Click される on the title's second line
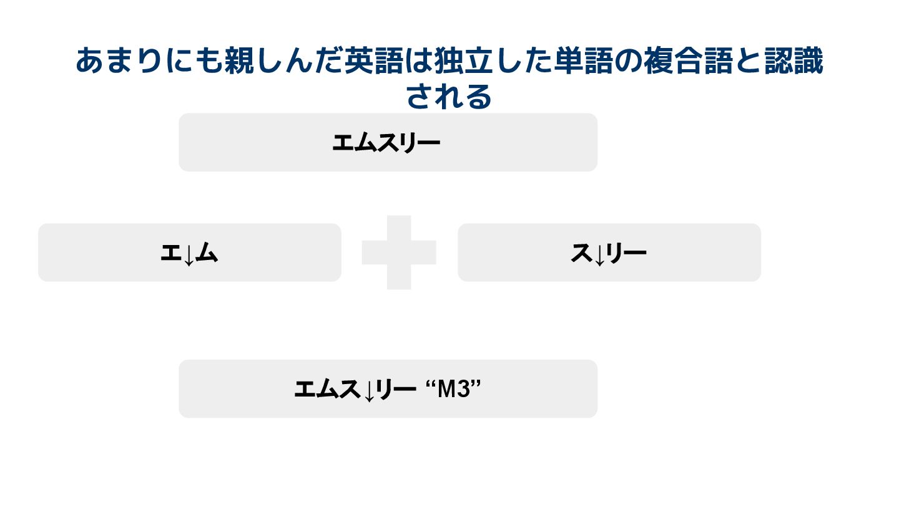point(449,96)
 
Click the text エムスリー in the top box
point(386,143)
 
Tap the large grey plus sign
point(399,252)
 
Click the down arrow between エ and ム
point(189,255)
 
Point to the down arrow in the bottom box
point(369,392)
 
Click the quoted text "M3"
point(455,390)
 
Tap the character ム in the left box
point(207,252)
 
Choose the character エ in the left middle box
point(171,252)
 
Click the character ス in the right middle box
point(582,252)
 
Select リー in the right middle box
point(626,252)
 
